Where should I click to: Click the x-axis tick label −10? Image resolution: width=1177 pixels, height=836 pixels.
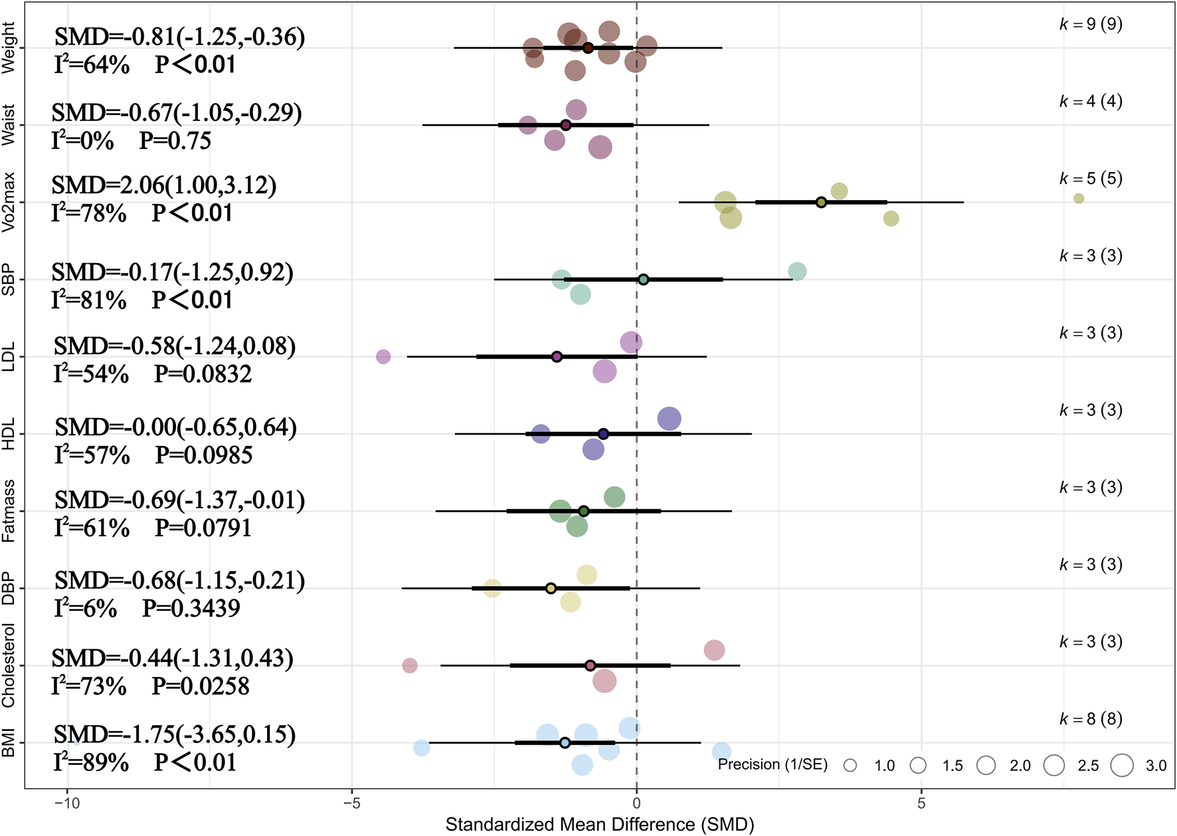click(x=66, y=803)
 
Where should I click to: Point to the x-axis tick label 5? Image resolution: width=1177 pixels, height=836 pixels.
click(x=921, y=803)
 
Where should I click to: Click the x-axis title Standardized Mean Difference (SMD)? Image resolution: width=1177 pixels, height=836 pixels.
click(x=599, y=825)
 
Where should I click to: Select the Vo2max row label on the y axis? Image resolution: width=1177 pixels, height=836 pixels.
click(x=9, y=201)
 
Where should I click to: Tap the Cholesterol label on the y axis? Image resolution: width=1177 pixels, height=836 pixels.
click(x=9, y=665)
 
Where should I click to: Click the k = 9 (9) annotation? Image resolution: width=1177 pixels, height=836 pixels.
click(x=1091, y=25)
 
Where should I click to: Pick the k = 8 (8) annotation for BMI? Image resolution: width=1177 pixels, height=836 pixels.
click(x=1091, y=719)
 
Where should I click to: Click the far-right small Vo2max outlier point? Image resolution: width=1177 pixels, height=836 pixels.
click(x=1079, y=198)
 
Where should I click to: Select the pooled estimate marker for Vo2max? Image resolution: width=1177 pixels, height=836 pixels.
click(x=821, y=202)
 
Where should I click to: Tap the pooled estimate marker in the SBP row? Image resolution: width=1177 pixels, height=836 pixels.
click(x=643, y=279)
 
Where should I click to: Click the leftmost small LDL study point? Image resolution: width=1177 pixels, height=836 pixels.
click(x=383, y=357)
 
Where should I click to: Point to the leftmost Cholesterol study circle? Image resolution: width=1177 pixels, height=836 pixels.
click(x=410, y=665)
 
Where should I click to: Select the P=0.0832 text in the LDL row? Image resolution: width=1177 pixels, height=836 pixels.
click(x=203, y=374)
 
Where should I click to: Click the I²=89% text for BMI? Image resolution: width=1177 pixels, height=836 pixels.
click(x=92, y=762)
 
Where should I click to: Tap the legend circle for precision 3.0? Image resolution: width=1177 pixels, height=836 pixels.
click(x=1122, y=766)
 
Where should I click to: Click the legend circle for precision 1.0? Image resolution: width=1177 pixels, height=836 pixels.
click(x=850, y=766)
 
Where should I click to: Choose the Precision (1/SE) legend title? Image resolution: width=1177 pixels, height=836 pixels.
click(x=772, y=765)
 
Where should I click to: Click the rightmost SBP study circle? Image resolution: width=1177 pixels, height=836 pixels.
click(x=797, y=271)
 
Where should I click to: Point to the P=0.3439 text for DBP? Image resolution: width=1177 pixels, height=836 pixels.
click(x=191, y=608)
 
